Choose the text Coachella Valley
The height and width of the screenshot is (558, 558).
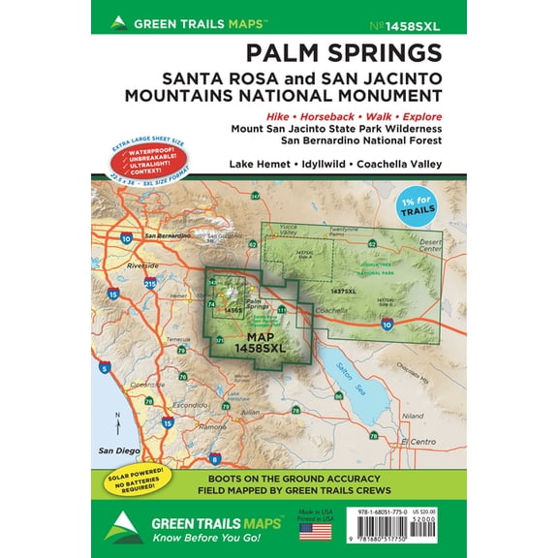point(398,164)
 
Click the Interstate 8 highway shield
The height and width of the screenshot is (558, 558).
point(214,458)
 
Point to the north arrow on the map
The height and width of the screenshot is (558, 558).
point(117,422)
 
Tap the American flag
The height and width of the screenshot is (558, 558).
point(314,530)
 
